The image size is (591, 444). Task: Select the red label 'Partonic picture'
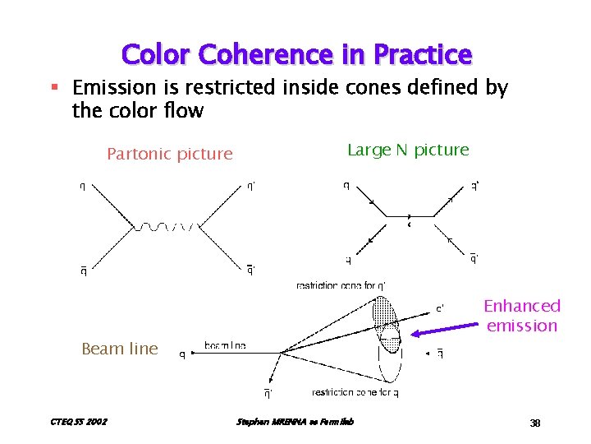(x=170, y=154)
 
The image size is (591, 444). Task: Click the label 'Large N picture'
(x=408, y=150)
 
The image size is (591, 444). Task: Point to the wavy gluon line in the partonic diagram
(x=167, y=225)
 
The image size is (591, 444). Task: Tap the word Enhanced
(x=522, y=306)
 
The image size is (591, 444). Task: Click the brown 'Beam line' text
(x=120, y=349)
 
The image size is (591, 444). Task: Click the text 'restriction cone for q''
(x=341, y=285)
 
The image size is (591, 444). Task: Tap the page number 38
(x=534, y=423)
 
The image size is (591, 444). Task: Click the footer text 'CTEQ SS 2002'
(x=79, y=423)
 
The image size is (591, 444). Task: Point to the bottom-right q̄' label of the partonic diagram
(x=250, y=267)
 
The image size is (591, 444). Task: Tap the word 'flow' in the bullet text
(x=185, y=110)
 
